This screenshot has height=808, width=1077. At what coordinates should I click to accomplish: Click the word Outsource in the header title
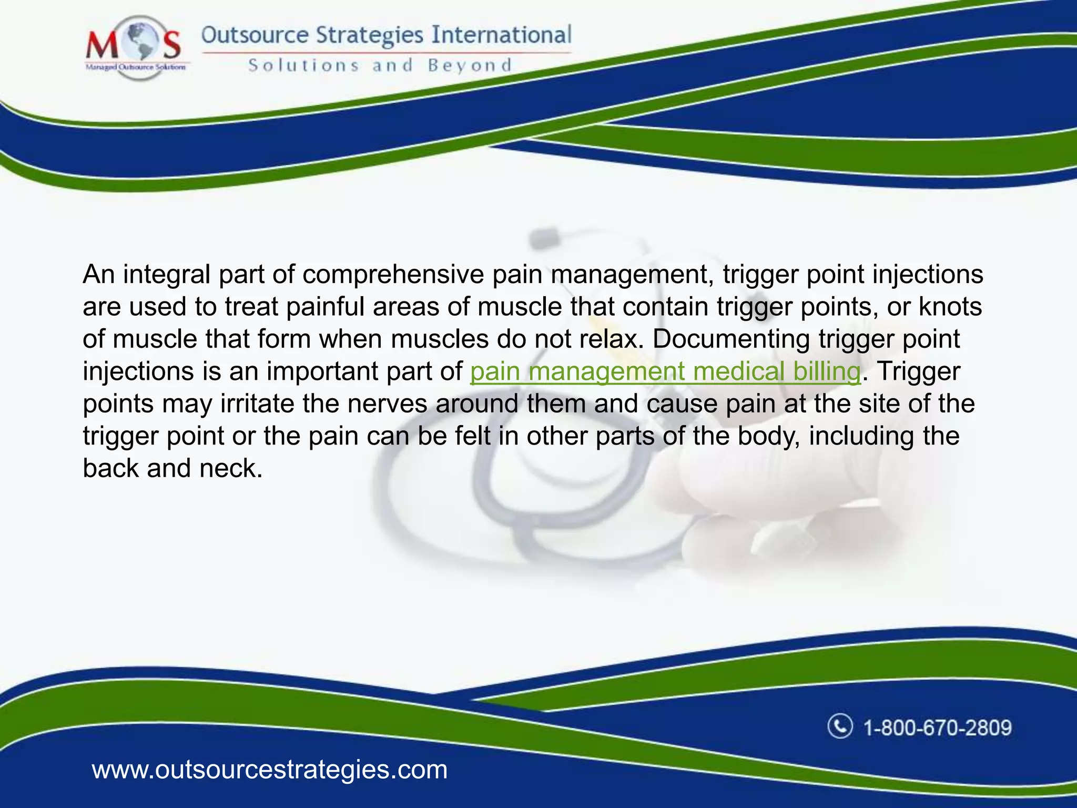tap(255, 35)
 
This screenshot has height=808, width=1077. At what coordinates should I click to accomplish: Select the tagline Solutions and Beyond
tap(380, 66)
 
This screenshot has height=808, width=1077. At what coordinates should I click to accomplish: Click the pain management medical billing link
tap(665, 371)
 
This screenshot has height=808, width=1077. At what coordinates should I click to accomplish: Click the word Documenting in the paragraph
tap(731, 339)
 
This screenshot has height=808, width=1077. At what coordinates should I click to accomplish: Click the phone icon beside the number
tap(840, 726)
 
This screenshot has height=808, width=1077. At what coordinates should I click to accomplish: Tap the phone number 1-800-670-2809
tap(938, 728)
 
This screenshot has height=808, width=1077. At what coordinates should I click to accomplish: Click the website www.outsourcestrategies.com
tap(270, 770)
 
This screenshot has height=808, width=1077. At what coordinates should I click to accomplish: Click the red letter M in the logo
tap(102, 45)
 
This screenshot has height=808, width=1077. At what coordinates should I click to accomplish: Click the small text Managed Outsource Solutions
tap(135, 67)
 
